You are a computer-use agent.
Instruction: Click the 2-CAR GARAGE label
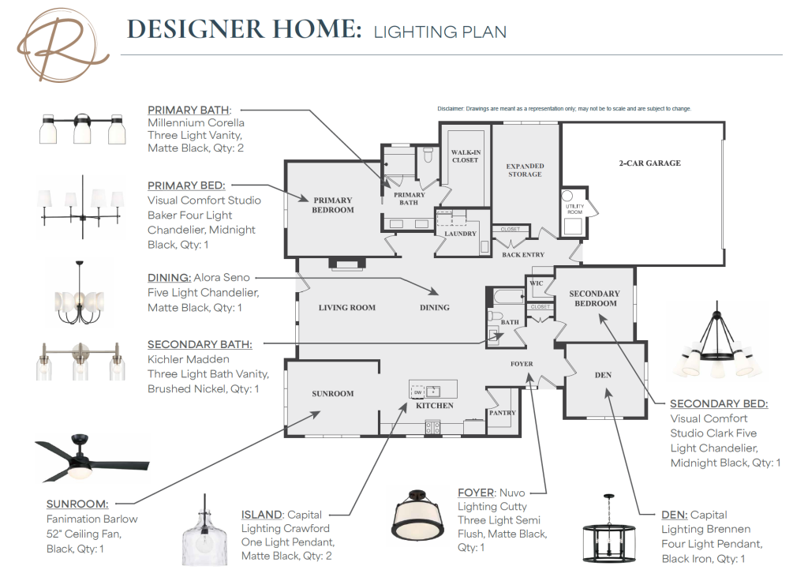pos(650,163)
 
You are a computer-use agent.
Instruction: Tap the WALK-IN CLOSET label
pos(466,156)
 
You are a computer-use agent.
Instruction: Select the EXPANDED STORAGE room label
pos(525,171)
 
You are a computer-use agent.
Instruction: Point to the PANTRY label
pos(503,413)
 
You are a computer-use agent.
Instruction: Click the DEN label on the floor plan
pos(603,375)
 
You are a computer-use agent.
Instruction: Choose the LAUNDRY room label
pos(461,234)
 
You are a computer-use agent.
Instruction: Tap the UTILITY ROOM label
pos(574,208)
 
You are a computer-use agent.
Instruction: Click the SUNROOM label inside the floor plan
pos(333,393)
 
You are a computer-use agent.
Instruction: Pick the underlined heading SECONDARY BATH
pos(200,344)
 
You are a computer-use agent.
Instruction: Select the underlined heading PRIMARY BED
pos(186,186)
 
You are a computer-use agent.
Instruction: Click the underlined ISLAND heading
pos(262,515)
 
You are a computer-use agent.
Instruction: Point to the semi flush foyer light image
pos(418,515)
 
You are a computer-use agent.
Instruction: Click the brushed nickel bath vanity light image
pos(80,361)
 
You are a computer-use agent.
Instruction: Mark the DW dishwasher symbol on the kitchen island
pos(418,392)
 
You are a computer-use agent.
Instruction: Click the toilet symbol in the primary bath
pos(428,155)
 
